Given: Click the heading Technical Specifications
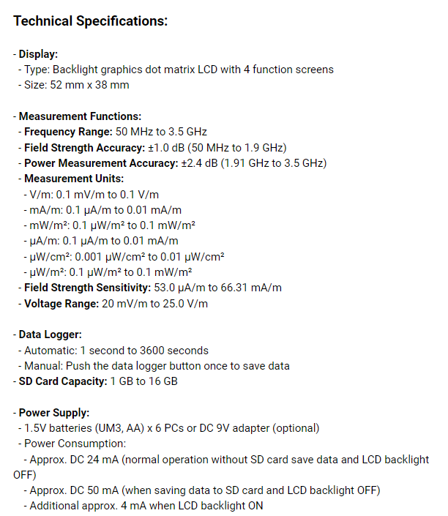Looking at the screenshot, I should (91, 21).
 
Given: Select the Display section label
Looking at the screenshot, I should (38, 54).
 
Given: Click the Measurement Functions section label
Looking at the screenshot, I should (80, 116).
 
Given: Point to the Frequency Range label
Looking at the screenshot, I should (68, 132).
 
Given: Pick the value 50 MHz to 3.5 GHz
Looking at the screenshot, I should (162, 132).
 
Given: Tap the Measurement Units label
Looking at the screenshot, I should (74, 179).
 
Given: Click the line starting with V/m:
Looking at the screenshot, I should (102, 194).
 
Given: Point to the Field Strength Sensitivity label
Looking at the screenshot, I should (87, 287).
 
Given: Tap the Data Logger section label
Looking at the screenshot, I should (50, 334).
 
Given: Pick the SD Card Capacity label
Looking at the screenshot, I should (62, 381).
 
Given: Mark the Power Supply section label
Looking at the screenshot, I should (54, 412).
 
